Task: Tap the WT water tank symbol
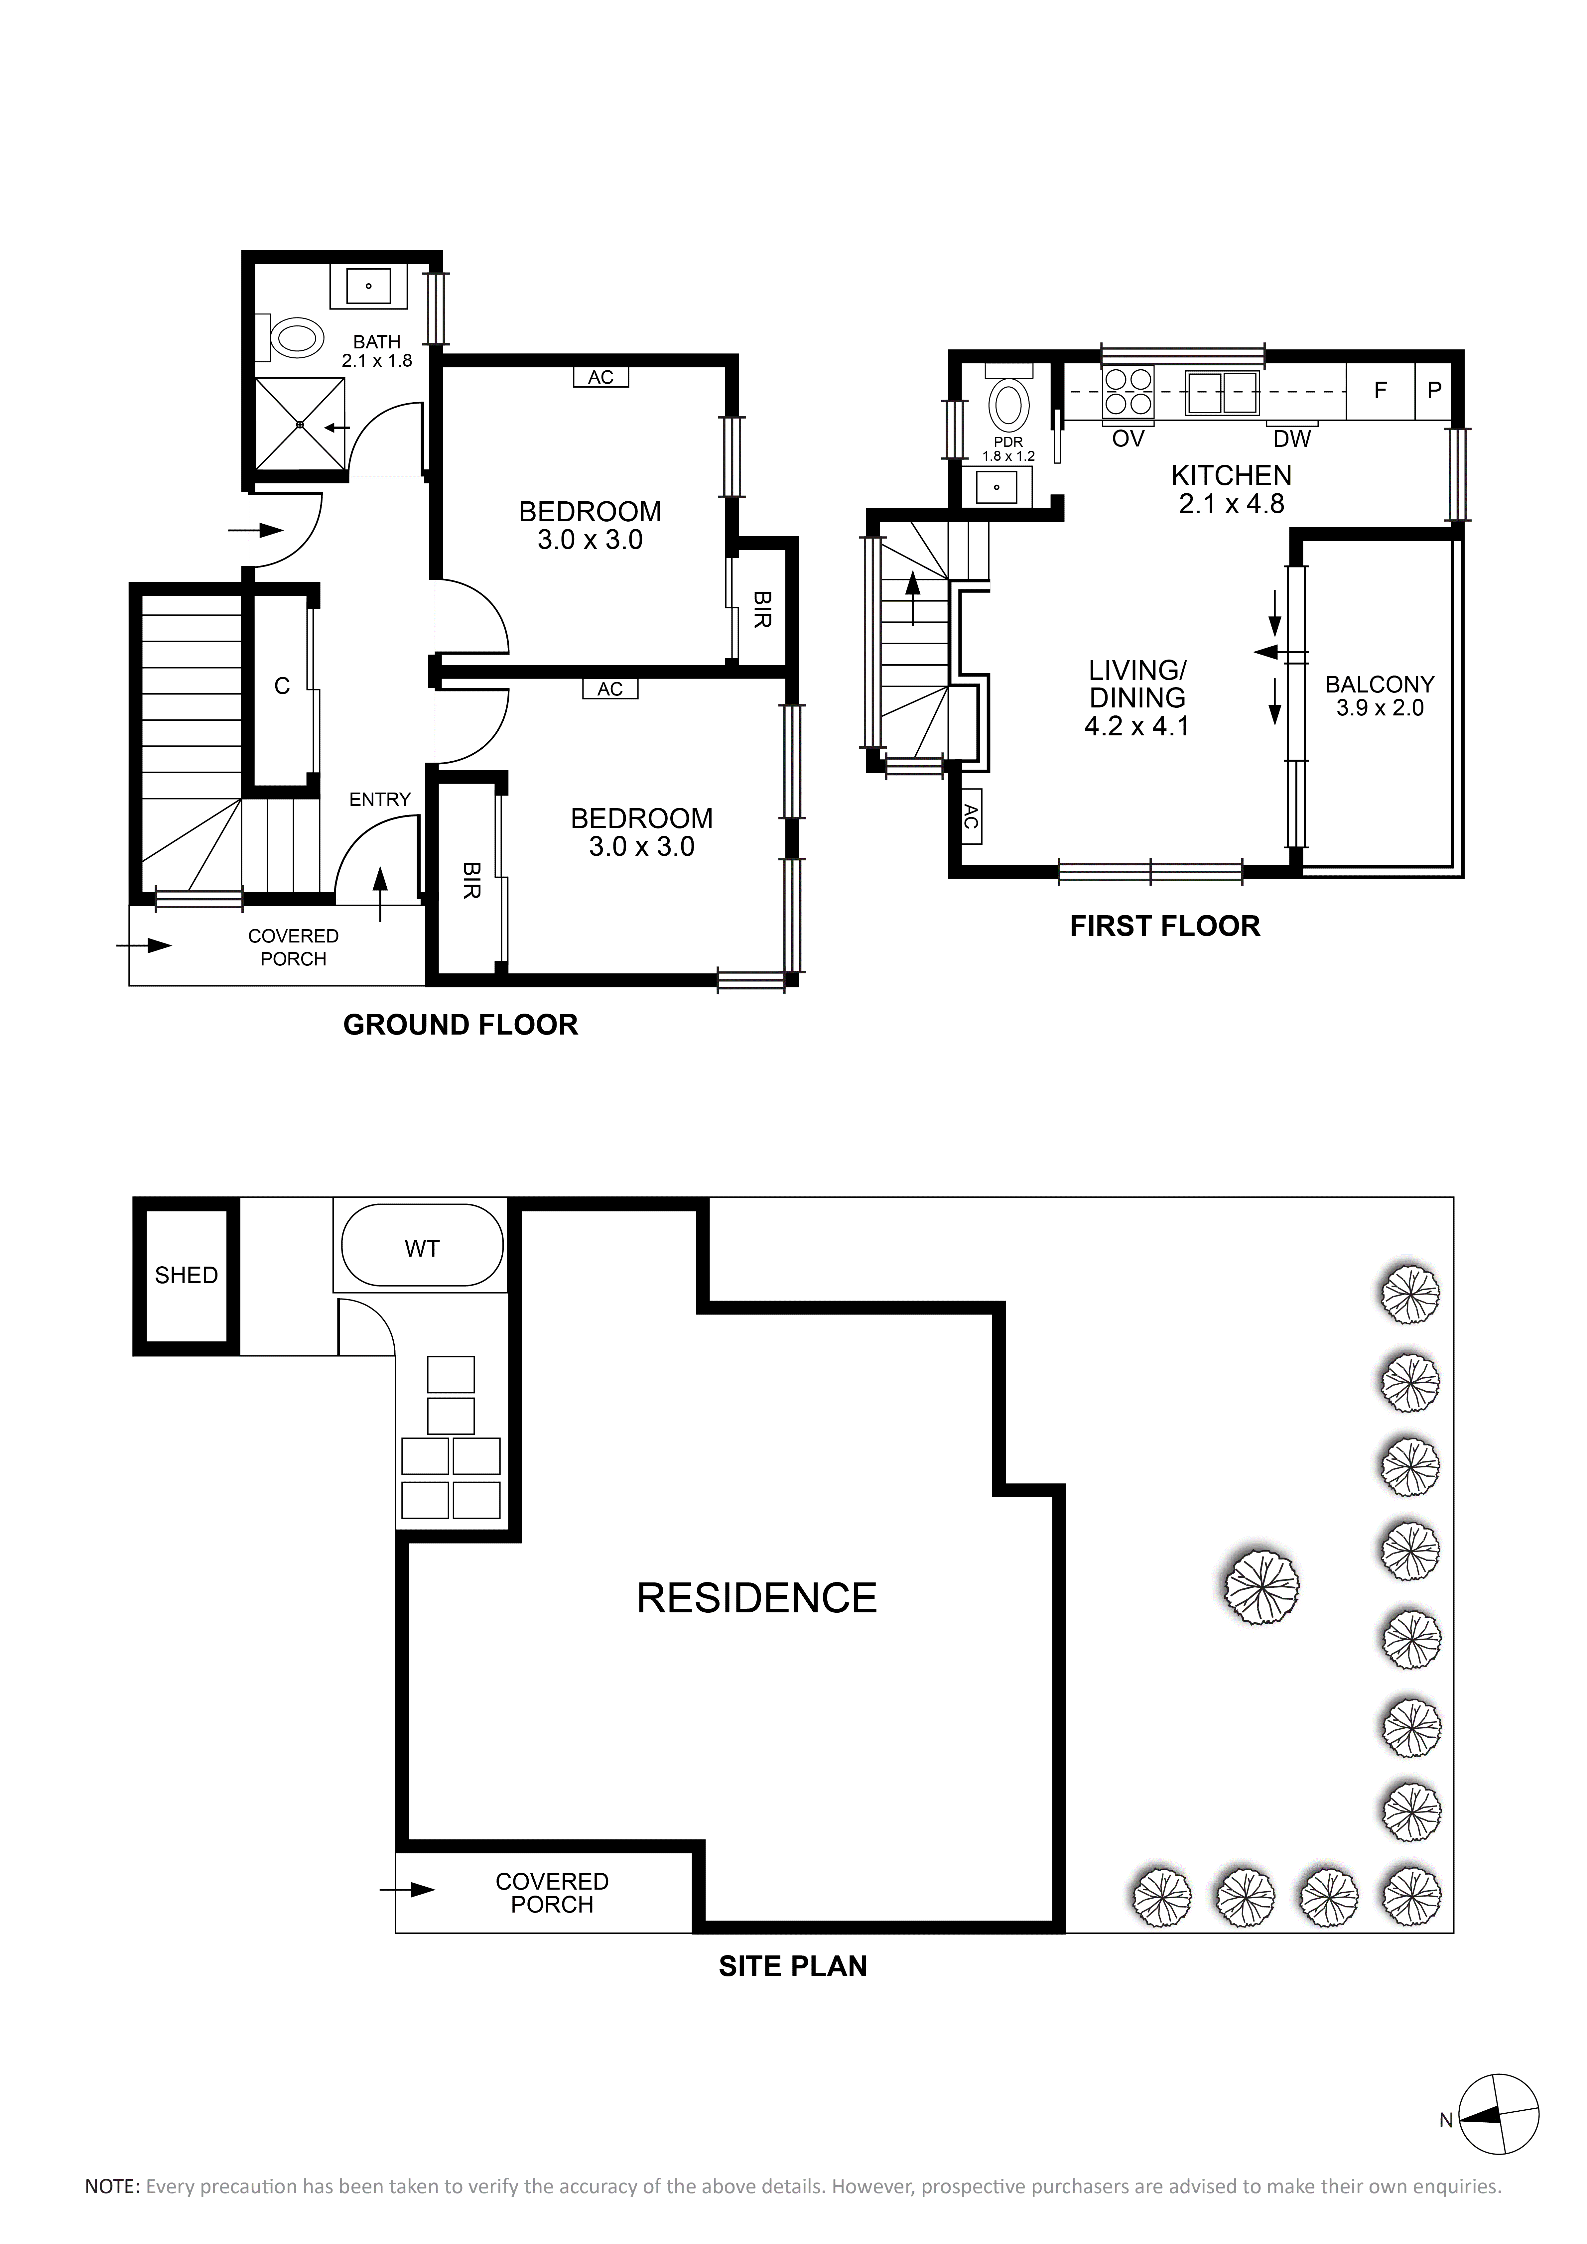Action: click(x=422, y=1248)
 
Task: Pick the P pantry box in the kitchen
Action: click(x=1434, y=391)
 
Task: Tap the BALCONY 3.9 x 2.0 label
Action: click(x=1380, y=696)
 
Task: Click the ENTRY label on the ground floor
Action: click(x=380, y=800)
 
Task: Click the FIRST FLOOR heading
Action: click(x=1165, y=926)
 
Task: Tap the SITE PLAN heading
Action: click(x=793, y=1965)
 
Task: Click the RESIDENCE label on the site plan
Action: click(x=756, y=1598)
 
